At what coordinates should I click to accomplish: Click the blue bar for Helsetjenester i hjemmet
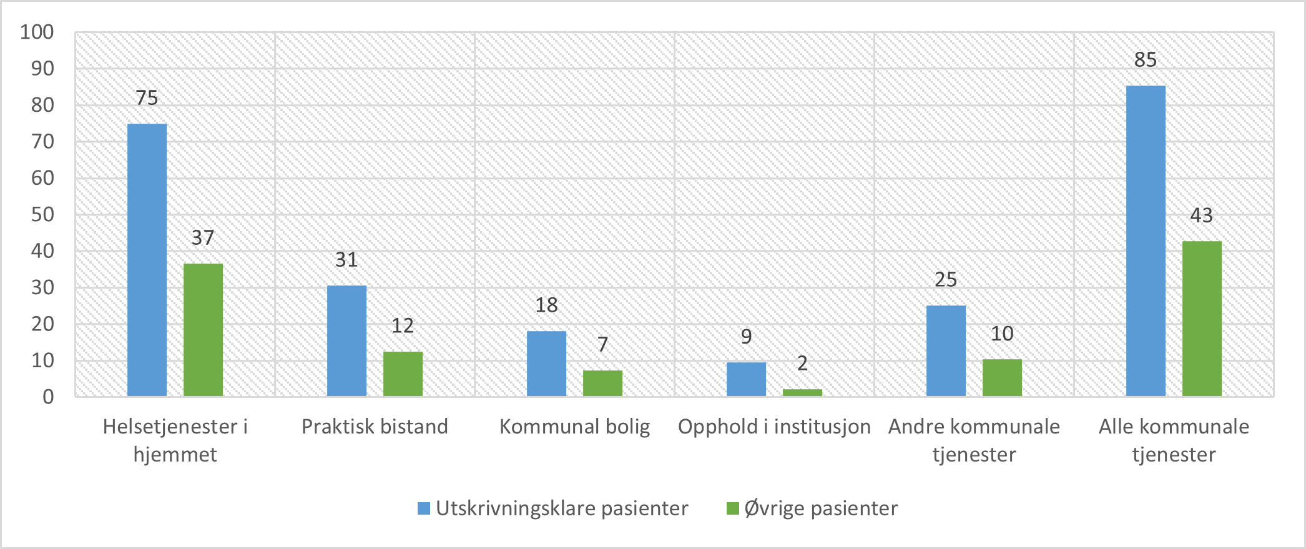pyautogui.click(x=147, y=260)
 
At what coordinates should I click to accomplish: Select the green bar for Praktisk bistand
pyautogui.click(x=403, y=374)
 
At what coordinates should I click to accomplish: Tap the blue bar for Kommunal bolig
pyautogui.click(x=546, y=364)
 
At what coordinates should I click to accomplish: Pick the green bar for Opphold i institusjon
pyautogui.click(x=802, y=393)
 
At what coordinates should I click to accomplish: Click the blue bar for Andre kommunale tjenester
pyautogui.click(x=946, y=351)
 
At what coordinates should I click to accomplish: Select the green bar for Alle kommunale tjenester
pyautogui.click(x=1202, y=319)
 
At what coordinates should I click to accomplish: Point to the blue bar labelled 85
pyautogui.click(x=1146, y=241)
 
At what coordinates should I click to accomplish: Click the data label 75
pyautogui.click(x=147, y=98)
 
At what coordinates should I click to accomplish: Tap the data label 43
pyautogui.click(x=1201, y=215)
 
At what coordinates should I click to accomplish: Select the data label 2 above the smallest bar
pyautogui.click(x=802, y=363)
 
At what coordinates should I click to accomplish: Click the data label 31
pyautogui.click(x=346, y=260)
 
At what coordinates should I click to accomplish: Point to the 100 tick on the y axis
pyautogui.click(x=37, y=32)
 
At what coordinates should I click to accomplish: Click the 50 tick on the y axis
pyautogui.click(x=42, y=214)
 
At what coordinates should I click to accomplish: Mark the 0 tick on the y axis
pyautogui.click(x=48, y=397)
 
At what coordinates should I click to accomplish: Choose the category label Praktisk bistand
pyautogui.click(x=375, y=427)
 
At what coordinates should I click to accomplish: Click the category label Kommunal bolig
pyautogui.click(x=574, y=427)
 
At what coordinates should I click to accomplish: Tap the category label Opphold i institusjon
pyautogui.click(x=774, y=427)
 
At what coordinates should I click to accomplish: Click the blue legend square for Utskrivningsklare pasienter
pyautogui.click(x=424, y=508)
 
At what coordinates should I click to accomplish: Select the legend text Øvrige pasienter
pyautogui.click(x=821, y=508)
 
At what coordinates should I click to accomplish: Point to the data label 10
pyautogui.click(x=1002, y=334)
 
